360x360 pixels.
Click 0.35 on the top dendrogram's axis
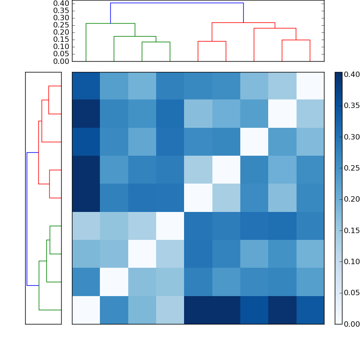[x=61, y=11]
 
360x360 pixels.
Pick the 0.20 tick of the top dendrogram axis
[x=61, y=32]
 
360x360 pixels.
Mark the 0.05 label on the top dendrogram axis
[x=61, y=54]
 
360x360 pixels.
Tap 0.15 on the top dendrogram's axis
[x=61, y=40]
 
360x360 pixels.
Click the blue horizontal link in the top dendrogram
[x=177, y=3]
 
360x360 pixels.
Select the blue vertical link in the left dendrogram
[x=27, y=219]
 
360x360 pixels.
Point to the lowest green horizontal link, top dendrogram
[x=156, y=42]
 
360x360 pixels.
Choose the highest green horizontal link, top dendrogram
[x=110, y=23]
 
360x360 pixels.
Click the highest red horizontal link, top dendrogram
[x=243, y=22]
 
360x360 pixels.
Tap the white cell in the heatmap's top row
[x=310, y=86]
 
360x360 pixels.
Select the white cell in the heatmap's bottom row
[x=86, y=310]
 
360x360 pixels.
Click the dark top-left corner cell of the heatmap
[x=86, y=86]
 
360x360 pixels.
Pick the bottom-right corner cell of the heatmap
[x=310, y=310]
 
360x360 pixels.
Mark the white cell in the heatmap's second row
[x=282, y=114]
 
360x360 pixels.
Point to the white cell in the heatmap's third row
[x=254, y=142]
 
